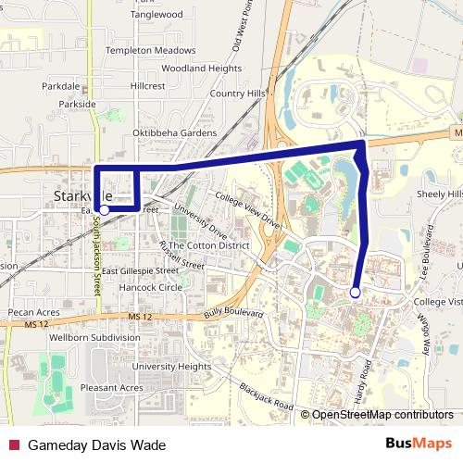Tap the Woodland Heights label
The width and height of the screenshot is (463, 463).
(x=201, y=69)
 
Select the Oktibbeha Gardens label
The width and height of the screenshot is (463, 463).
(x=174, y=133)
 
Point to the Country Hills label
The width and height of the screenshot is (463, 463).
(x=237, y=94)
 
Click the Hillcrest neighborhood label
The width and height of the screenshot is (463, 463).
(x=148, y=85)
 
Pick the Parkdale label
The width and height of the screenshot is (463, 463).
(x=61, y=85)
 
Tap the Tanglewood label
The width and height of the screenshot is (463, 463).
(x=156, y=15)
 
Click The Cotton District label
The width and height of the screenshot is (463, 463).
(x=209, y=245)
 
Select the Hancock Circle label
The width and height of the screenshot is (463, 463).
(x=151, y=288)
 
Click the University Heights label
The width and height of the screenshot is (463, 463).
(x=171, y=367)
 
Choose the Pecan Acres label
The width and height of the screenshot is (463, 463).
(x=33, y=314)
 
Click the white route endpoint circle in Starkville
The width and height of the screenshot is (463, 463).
(x=105, y=210)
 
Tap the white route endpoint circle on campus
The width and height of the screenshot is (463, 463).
(x=355, y=293)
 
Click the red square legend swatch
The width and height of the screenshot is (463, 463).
(x=14, y=444)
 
